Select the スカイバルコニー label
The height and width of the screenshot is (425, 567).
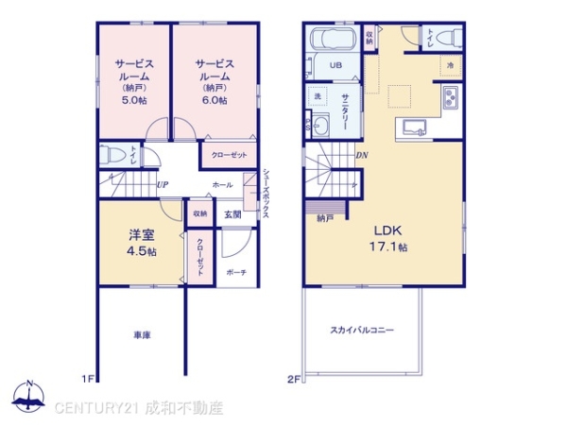(x=362, y=330)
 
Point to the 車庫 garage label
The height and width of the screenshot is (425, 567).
(x=139, y=332)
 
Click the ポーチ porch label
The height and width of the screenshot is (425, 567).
(x=236, y=272)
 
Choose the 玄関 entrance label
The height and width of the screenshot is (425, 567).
(x=232, y=214)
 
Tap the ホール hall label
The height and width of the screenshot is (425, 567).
(x=223, y=185)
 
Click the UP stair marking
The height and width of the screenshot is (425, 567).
(x=163, y=185)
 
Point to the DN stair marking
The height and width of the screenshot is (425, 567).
(x=362, y=156)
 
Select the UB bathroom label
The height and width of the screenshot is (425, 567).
(x=335, y=65)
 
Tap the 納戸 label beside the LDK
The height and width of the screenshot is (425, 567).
(x=325, y=218)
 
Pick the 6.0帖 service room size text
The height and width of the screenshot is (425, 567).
(x=215, y=100)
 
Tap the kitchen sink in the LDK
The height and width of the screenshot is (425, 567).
(x=413, y=127)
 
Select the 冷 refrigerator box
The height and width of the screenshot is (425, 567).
(x=451, y=65)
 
